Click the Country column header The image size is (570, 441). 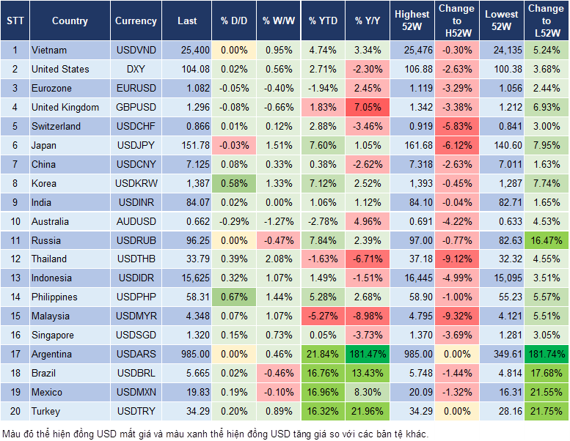click(x=70, y=21)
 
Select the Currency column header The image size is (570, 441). click(x=136, y=21)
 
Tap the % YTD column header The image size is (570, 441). click(x=323, y=21)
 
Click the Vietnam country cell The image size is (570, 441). click(x=49, y=51)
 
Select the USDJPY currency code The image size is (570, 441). click(x=136, y=145)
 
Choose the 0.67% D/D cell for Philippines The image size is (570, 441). click(x=234, y=297)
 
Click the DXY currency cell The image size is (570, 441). click(x=136, y=70)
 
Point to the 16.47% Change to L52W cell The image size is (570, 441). click(x=545, y=240)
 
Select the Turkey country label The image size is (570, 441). click(x=45, y=412)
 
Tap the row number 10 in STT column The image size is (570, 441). click(x=15, y=221)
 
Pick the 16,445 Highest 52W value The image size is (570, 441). click(x=412, y=278)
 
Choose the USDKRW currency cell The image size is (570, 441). click(x=136, y=183)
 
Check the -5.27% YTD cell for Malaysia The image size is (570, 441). click(x=323, y=316)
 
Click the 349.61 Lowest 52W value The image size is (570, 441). click(x=503, y=355)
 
